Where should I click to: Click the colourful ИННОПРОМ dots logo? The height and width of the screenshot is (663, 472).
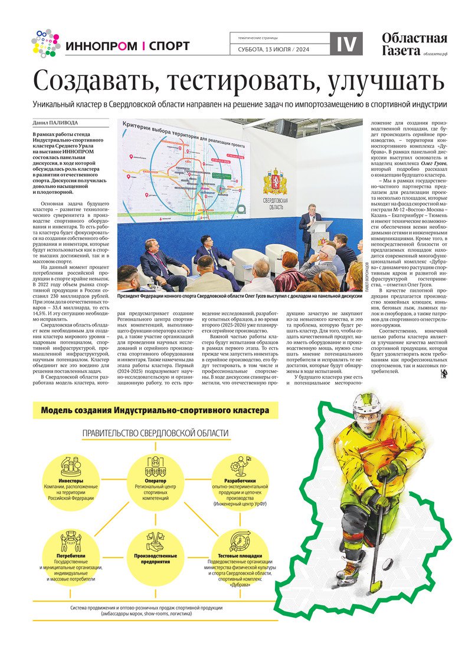pos(45,43)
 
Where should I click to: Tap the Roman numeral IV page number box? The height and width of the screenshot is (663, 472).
pos(346,44)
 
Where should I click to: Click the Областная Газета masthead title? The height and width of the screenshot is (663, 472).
pos(414,44)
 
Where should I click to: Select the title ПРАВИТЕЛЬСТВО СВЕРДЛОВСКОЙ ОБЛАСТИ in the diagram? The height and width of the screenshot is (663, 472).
pos(155,433)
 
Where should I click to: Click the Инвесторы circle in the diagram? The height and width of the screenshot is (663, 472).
pos(71,479)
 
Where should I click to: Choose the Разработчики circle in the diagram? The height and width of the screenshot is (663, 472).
pos(240,479)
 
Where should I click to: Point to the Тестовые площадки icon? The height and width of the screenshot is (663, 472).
pos(240,540)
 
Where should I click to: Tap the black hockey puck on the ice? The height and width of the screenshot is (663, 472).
pos(388,565)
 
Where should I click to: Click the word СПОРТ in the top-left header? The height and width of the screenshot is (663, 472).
pos(169,46)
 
